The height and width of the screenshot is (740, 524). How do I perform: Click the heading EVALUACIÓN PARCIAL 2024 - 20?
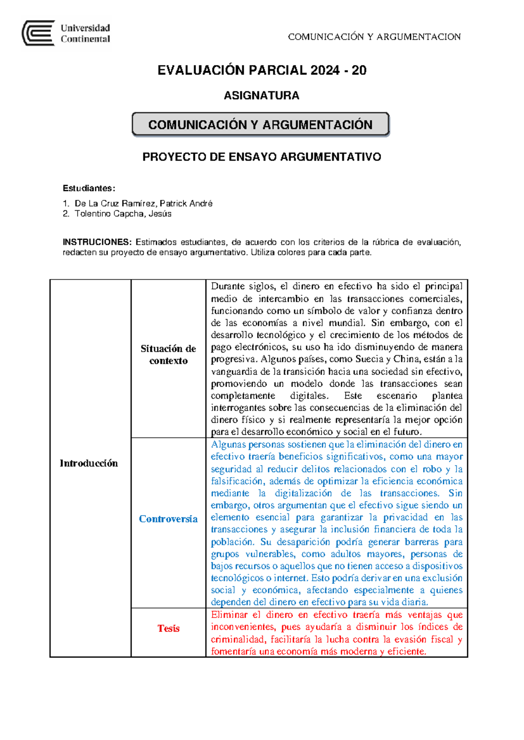point(262,70)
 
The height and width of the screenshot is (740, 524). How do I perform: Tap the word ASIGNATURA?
point(261,96)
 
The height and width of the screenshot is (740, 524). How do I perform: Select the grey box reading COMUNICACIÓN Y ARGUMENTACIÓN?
point(260,125)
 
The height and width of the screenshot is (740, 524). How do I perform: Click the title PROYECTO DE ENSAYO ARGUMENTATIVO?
point(262,157)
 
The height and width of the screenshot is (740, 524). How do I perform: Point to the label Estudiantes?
point(89,188)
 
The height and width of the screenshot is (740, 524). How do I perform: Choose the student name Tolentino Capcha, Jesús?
point(123,214)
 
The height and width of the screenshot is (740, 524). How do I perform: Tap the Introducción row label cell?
point(89,463)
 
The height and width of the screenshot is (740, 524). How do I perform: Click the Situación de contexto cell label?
point(168,355)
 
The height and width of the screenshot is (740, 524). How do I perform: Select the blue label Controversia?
point(168,519)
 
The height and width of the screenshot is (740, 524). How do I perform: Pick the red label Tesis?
point(168,628)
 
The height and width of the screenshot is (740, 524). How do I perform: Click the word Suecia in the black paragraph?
point(369,359)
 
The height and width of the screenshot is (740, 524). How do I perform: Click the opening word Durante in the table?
point(228,287)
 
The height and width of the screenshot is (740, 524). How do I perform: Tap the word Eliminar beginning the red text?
point(229,615)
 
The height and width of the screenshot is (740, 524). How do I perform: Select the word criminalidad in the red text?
point(238,640)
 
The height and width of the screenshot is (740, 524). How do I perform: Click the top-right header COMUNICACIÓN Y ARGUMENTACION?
point(374,37)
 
